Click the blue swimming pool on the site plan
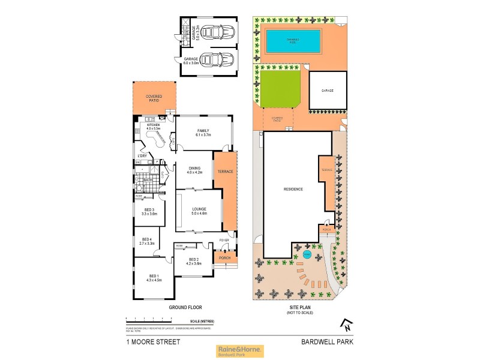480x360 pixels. click(x=290, y=41)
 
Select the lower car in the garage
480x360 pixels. click(x=212, y=60)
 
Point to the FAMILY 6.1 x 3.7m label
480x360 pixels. click(x=203, y=133)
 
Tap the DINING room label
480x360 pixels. click(x=194, y=170)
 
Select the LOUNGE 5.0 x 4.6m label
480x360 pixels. click(x=199, y=210)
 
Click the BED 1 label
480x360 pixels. click(x=154, y=277)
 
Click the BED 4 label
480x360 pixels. click(x=146, y=241)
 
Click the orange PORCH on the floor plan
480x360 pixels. click(x=225, y=259)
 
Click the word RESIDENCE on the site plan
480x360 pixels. click(x=293, y=190)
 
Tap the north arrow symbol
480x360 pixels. click(x=346, y=326)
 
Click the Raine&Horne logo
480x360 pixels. click(x=239, y=350)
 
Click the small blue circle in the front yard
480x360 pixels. click(x=307, y=254)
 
